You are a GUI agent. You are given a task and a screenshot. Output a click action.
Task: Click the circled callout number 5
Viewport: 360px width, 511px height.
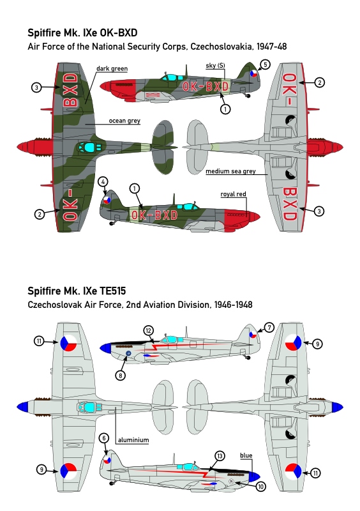pos(265,65)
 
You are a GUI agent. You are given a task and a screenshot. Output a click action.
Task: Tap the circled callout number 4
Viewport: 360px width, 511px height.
pos(103,182)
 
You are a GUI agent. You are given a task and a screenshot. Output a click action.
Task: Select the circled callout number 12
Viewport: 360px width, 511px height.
pos(149,331)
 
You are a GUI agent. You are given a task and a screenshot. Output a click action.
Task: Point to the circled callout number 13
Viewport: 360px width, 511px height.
pos(220,456)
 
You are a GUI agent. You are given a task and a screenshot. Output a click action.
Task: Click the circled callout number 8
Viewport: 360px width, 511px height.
pos(120,376)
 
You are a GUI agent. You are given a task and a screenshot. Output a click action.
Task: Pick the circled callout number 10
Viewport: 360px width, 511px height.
pos(260,487)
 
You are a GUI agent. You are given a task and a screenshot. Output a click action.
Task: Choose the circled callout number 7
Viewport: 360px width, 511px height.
pos(269,327)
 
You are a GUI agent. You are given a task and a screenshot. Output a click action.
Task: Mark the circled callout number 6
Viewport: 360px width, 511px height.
pos(104,438)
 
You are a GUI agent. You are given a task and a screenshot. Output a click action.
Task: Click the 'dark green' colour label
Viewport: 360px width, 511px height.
pos(112,68)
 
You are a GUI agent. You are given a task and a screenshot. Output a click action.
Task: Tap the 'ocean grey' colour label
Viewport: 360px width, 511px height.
pos(124,121)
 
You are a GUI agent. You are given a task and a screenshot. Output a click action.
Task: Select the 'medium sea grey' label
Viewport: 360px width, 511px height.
pos(230,171)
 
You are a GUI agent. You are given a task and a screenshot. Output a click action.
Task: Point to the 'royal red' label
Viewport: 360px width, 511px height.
pos(233,194)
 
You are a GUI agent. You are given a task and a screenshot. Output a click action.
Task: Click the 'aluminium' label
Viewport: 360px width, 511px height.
pos(133,440)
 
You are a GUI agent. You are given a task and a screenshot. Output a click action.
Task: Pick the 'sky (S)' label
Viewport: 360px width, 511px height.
pos(215,66)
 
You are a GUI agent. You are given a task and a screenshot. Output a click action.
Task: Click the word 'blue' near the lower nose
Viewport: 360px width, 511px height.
pos(246,455)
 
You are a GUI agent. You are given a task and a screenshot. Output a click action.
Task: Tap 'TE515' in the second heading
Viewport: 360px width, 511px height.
pos(112,291)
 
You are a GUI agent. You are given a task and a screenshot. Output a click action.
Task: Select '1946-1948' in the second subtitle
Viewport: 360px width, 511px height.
pos(233,305)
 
